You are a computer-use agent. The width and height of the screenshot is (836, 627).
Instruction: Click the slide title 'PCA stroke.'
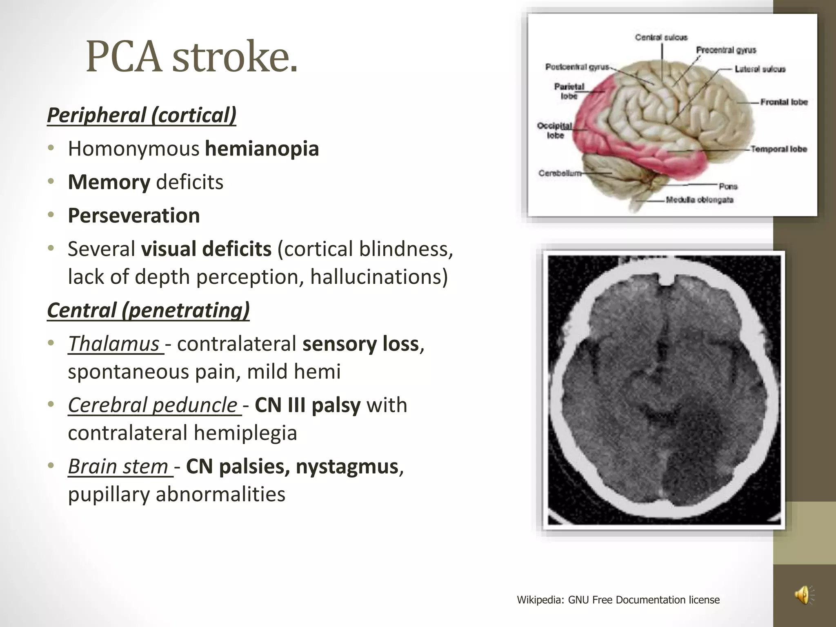(x=192, y=57)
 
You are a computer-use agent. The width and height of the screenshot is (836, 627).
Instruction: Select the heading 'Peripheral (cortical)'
(x=142, y=115)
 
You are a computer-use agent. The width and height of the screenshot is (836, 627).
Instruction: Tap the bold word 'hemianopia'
(x=262, y=149)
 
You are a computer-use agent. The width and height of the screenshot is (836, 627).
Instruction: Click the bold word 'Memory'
(x=109, y=182)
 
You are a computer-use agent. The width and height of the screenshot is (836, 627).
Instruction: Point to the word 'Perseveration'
(x=134, y=216)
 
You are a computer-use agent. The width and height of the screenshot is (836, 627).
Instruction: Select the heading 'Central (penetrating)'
(x=148, y=310)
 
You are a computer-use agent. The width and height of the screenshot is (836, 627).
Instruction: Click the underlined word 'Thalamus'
(x=114, y=344)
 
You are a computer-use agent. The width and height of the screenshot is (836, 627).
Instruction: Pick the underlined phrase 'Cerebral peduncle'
(x=153, y=405)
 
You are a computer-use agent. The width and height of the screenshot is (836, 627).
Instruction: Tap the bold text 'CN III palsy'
(x=307, y=405)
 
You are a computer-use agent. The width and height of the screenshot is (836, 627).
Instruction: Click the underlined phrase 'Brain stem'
(x=118, y=467)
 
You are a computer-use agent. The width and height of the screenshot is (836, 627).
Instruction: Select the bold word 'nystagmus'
(x=347, y=467)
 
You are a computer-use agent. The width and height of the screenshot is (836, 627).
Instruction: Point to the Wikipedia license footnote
(x=618, y=600)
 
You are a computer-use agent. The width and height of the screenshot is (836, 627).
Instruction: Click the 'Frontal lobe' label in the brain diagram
(x=784, y=102)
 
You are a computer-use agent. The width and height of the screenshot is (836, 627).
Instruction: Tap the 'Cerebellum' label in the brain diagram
(x=560, y=173)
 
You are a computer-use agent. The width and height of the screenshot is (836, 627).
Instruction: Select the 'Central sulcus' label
(x=661, y=38)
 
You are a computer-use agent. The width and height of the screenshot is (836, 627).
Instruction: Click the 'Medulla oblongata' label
(x=699, y=200)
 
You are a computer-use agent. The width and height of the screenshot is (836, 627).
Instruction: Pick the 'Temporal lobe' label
(x=778, y=149)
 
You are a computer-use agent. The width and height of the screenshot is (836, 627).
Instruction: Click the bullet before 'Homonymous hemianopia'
(x=51, y=149)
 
